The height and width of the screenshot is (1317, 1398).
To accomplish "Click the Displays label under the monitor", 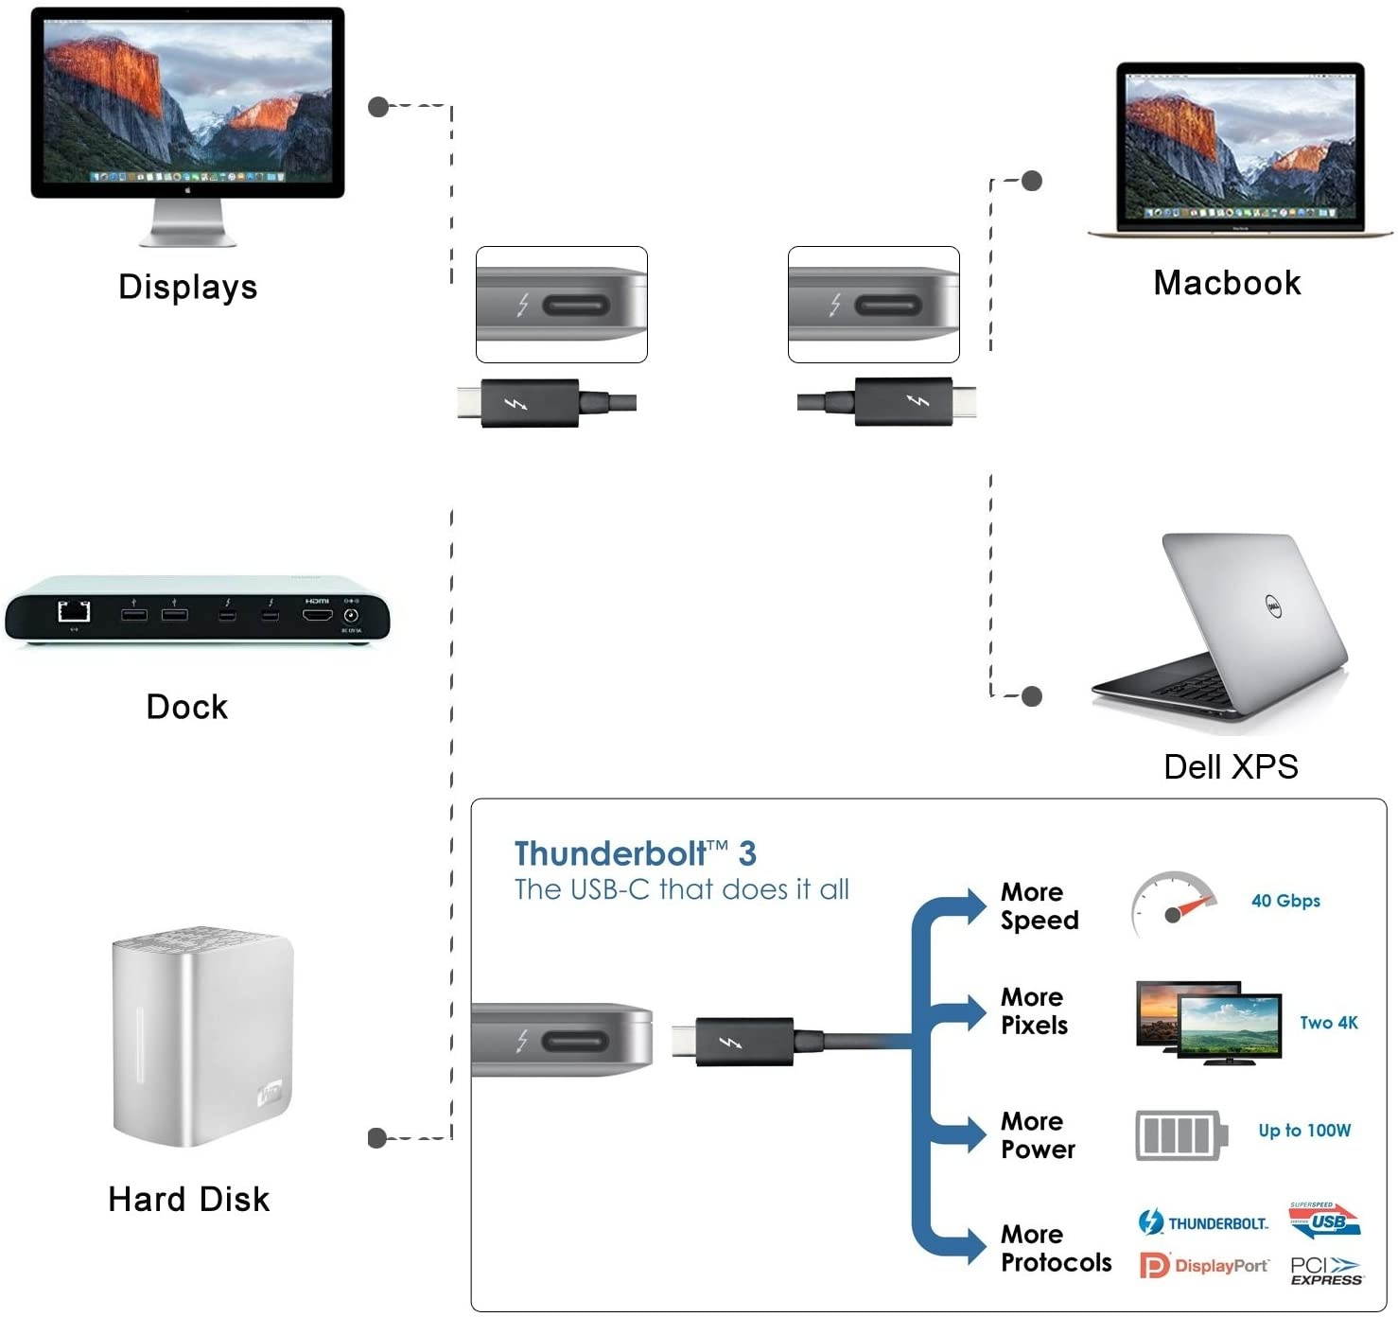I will [187, 287].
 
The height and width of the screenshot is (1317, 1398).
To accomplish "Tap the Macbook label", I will [1227, 283].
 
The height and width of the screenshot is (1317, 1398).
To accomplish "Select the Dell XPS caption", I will [1231, 766].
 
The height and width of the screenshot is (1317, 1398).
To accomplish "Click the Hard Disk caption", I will [189, 1199].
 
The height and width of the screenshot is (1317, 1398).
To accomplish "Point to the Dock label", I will [187, 707].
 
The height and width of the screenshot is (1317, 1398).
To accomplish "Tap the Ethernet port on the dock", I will [74, 612].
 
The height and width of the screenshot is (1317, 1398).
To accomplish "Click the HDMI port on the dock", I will [317, 615].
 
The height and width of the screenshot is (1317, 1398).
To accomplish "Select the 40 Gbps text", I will [1285, 901].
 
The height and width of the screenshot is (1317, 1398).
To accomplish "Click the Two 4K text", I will [1328, 1023].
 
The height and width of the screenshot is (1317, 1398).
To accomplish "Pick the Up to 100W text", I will [1304, 1131].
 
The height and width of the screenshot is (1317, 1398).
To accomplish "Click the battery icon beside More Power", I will [1181, 1135].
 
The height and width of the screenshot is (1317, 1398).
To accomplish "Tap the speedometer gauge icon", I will [1173, 904].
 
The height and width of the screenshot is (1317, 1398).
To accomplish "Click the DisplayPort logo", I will [1204, 1266].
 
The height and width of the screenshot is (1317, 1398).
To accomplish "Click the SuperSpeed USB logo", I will [1324, 1220].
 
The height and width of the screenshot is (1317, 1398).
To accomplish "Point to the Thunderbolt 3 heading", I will [635, 853].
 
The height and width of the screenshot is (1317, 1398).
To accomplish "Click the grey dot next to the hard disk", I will [377, 1137].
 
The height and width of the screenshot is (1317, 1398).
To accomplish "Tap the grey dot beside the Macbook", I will [1032, 181].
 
